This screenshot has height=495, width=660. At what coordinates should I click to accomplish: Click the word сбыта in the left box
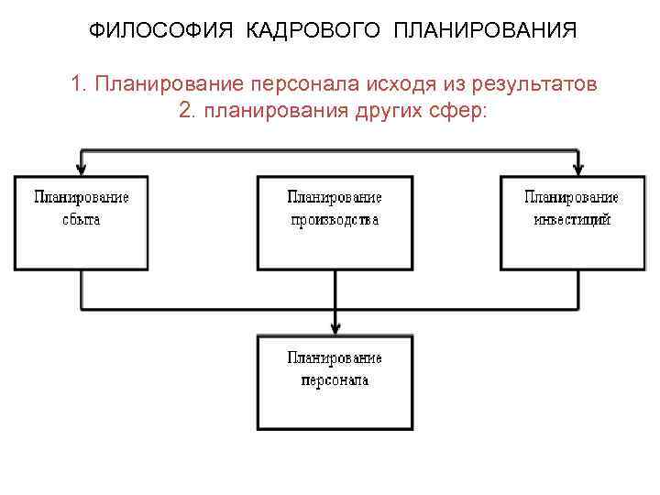point(82,220)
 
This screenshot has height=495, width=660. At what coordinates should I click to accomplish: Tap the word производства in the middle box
point(335,220)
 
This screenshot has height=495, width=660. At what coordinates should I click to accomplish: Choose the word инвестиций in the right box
point(572,220)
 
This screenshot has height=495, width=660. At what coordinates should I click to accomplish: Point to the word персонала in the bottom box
point(335,379)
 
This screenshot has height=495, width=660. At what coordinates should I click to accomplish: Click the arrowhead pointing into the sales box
point(82,169)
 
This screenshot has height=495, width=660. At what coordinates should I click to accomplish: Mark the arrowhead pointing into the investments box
point(577,169)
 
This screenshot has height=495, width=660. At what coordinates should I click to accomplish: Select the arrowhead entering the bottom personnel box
point(335,327)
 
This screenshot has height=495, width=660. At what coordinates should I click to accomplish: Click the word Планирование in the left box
point(82,197)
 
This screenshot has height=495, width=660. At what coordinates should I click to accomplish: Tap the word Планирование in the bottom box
point(335,357)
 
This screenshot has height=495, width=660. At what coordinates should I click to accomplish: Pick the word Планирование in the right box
point(572,197)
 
